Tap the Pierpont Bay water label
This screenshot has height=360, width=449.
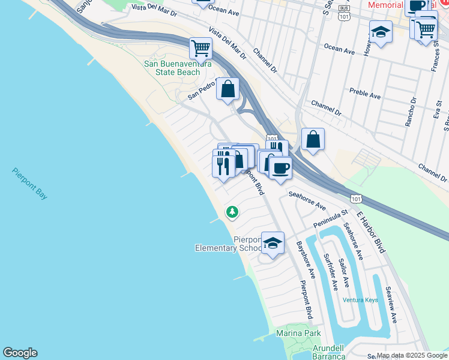click(x=29, y=183)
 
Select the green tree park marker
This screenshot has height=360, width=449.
click(x=232, y=212)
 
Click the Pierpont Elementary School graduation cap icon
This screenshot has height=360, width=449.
click(x=273, y=244)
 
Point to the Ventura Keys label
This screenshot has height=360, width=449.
click(x=360, y=299)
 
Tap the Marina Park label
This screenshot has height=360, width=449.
click(x=298, y=333)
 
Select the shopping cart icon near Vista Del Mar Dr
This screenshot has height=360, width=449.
click(x=200, y=47)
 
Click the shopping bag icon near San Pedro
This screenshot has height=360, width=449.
click(x=228, y=89)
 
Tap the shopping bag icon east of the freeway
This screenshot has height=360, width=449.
click(x=313, y=140)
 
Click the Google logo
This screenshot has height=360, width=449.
click(x=20, y=353)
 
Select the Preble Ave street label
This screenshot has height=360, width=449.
click(x=365, y=94)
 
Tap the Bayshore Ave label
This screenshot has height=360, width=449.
click(x=306, y=259)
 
